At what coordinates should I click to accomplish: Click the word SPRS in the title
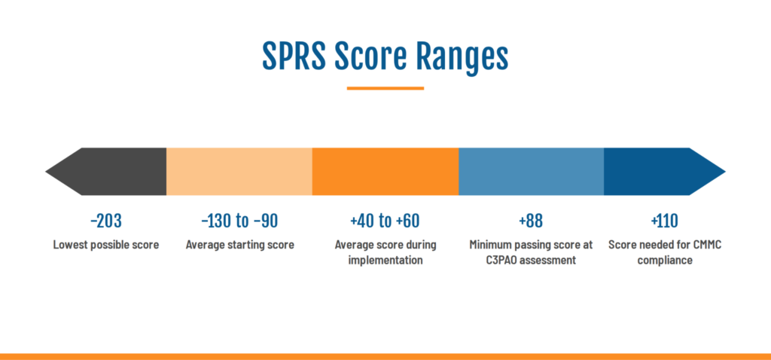(x=294, y=56)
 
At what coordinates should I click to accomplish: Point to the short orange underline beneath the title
(x=385, y=89)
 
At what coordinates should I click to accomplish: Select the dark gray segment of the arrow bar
(x=105, y=172)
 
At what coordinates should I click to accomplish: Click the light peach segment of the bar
(x=239, y=172)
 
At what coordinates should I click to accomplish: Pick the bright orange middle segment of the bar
(x=385, y=172)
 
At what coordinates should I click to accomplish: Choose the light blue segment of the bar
(x=531, y=172)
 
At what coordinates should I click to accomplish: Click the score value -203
(x=105, y=221)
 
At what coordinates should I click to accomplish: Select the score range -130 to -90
(x=239, y=221)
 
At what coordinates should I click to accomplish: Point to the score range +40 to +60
(x=385, y=221)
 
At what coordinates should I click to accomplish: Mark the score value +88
(x=531, y=221)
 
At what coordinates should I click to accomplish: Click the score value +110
(x=664, y=221)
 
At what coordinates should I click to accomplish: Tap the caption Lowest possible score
(x=106, y=245)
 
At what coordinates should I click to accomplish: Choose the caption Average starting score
(x=240, y=245)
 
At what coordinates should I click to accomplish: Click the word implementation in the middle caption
(x=385, y=261)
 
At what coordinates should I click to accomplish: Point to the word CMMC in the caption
(x=707, y=245)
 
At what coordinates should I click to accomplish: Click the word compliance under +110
(x=665, y=261)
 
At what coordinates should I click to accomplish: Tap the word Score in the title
(x=370, y=56)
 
